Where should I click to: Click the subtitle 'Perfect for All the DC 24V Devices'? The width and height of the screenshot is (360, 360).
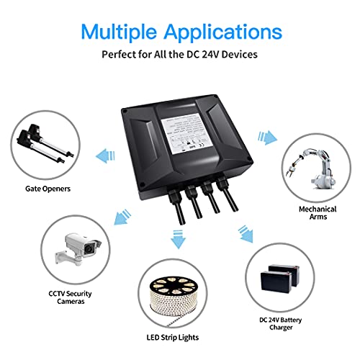180,55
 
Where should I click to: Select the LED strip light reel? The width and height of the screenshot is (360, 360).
179,294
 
